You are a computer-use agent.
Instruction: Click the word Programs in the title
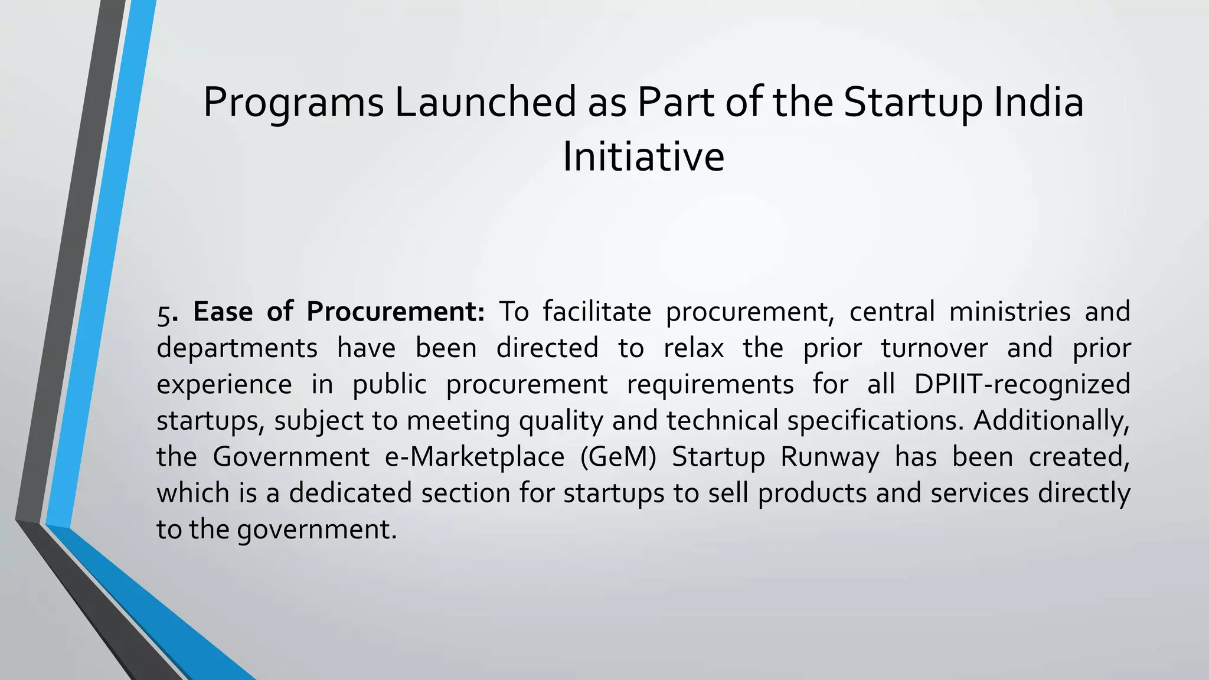point(293,103)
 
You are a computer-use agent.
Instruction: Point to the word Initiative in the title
point(643,157)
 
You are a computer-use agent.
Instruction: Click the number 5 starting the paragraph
point(163,313)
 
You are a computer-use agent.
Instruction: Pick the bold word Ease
point(223,312)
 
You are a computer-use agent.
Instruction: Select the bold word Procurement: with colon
point(396,312)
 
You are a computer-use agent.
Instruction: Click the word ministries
point(1009,312)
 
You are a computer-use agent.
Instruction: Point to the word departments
point(237,349)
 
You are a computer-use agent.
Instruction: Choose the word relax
point(694,348)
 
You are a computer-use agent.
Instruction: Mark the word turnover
point(934,348)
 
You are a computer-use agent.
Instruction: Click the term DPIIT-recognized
point(1022,385)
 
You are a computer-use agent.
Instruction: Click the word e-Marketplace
point(475,457)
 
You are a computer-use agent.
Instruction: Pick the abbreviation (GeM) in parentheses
point(618,457)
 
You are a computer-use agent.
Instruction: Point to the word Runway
point(829,457)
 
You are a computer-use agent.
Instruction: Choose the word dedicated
point(350,493)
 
